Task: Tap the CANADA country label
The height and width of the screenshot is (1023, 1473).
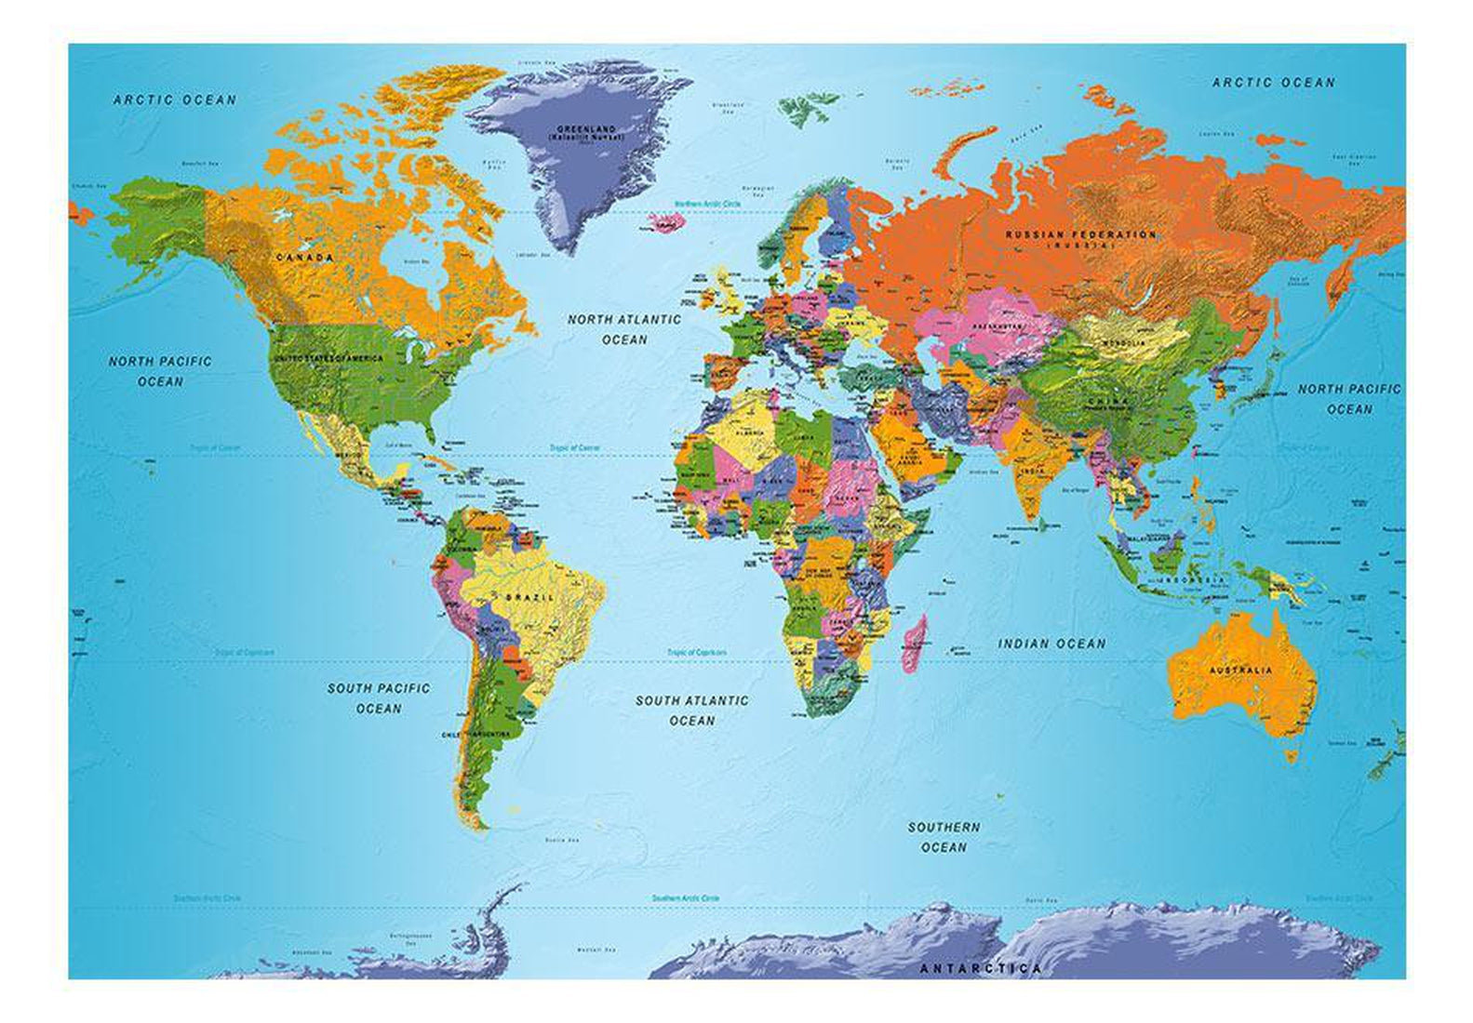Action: (305, 257)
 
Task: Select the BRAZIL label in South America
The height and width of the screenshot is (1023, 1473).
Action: (529, 597)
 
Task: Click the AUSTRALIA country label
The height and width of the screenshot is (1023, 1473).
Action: (1240, 670)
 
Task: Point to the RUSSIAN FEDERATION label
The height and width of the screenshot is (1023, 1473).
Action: (1080, 235)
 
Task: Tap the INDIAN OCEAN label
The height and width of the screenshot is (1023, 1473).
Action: (1051, 644)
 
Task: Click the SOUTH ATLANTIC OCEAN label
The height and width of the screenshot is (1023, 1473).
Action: (691, 711)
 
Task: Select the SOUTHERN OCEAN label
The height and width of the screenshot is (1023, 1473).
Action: (944, 837)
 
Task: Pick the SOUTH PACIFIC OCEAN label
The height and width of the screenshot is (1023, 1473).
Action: (379, 698)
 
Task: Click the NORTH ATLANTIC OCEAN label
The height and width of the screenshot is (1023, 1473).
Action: (624, 329)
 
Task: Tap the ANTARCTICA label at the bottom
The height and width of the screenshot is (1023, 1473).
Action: (981, 969)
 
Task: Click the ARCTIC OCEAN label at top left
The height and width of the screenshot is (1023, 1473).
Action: (175, 100)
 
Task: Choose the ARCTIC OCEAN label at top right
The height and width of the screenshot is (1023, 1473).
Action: (1273, 83)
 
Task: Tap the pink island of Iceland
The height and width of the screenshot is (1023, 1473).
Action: (663, 223)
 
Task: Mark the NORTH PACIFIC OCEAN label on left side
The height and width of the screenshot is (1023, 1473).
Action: (160, 371)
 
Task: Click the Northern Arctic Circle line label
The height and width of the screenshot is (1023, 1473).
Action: (704, 204)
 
